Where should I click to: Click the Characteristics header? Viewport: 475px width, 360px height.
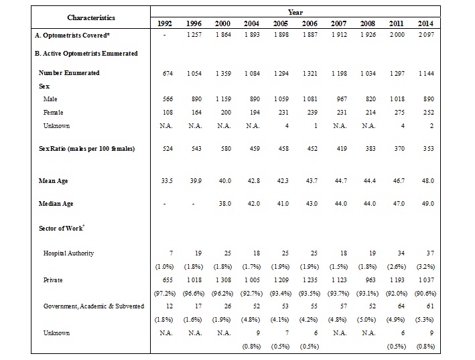coord(90,17)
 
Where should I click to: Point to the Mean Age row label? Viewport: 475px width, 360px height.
coord(53,182)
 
